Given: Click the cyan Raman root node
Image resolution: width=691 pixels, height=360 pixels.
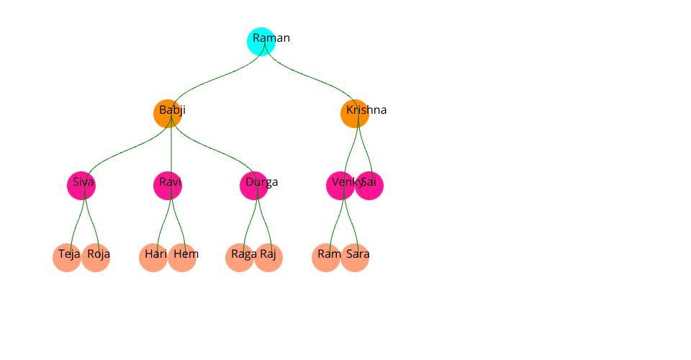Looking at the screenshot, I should (261, 42).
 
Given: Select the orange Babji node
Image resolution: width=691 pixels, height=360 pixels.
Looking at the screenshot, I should (168, 114).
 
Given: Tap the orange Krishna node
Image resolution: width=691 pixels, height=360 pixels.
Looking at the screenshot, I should (355, 114).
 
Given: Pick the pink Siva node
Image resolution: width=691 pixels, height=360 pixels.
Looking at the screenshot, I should (81, 186).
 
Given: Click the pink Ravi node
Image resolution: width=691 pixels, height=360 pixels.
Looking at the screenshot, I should (168, 186).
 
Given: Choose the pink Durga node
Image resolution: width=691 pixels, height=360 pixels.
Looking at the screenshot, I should (254, 186).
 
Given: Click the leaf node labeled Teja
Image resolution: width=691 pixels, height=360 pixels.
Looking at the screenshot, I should (67, 258).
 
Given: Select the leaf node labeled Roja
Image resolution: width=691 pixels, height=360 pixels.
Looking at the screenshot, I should (96, 258).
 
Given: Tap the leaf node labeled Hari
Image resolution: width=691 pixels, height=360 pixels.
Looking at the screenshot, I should (153, 258).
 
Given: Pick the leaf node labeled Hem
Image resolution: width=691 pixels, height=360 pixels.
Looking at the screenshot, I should (182, 258).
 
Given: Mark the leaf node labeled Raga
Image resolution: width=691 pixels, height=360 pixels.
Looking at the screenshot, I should (240, 258).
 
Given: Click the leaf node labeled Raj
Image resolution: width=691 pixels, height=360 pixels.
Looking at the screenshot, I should (268, 258).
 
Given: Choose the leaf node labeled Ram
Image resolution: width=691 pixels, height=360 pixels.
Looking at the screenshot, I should (326, 258).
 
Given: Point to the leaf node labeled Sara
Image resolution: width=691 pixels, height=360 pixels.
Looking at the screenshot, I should (355, 258).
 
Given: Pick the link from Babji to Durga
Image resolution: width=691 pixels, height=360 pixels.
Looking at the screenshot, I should (212, 150).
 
